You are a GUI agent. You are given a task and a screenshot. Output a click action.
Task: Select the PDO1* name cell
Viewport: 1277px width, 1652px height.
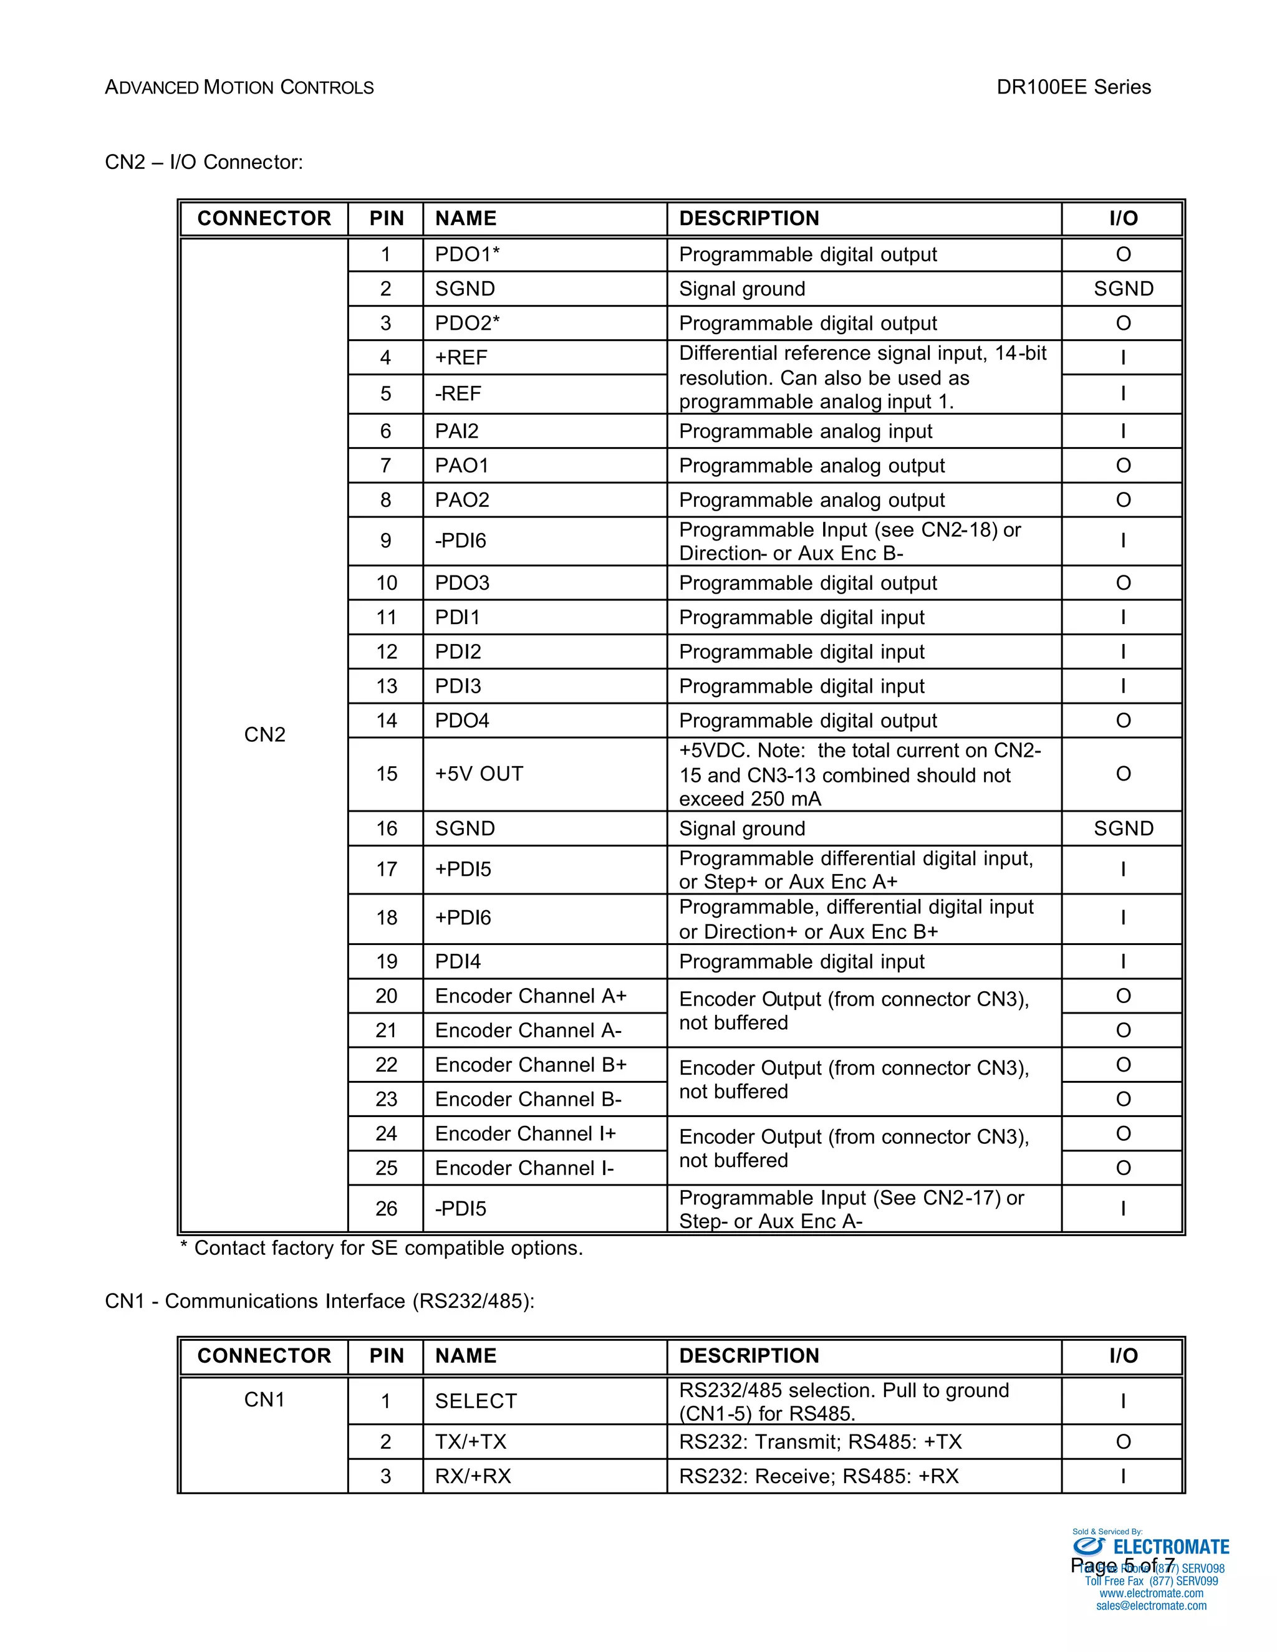467,254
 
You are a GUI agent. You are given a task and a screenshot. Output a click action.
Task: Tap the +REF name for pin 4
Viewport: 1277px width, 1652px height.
461,357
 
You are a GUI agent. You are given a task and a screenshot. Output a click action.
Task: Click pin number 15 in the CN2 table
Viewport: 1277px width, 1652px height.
386,774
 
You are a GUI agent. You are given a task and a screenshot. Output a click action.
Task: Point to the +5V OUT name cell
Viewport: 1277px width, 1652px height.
479,774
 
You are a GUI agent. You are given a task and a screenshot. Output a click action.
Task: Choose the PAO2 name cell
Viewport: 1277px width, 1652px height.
462,500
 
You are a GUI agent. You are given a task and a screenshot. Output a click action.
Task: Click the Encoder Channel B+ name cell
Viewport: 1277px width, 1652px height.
531,1064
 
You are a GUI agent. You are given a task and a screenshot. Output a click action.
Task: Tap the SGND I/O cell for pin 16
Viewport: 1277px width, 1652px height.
1122,828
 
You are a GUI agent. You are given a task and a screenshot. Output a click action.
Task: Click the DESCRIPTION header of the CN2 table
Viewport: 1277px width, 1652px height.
749,219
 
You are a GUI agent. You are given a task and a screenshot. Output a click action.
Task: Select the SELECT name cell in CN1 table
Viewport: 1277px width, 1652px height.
475,1401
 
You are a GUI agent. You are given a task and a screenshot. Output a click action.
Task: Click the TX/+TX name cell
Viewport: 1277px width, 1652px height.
471,1442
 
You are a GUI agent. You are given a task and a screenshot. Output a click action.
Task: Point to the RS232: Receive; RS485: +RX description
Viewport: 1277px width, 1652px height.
819,1476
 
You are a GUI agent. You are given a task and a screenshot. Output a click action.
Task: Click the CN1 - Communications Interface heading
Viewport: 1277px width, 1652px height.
319,1301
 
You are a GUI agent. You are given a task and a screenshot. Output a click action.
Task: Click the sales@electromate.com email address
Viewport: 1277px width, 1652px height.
1150,1605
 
